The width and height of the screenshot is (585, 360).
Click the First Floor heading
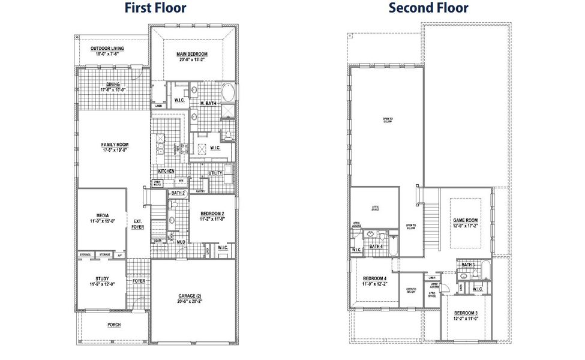coord(155,8)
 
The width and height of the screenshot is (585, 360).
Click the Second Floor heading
coord(428,8)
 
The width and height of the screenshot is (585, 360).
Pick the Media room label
coord(101,218)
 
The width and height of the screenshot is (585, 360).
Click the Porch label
coord(113,326)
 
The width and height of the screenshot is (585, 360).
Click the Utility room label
coord(215,173)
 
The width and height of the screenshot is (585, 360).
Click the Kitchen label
coord(166,171)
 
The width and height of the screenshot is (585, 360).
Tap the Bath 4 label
coord(376,247)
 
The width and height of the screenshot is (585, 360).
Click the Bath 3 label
coord(469,265)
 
